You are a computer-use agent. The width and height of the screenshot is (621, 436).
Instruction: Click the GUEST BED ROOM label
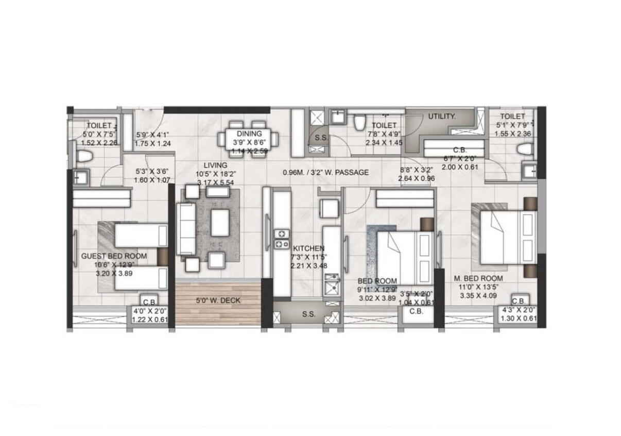coord(114,256)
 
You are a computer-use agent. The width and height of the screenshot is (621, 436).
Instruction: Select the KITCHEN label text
coord(308,248)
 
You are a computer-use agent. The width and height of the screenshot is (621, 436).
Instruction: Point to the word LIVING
coord(215,165)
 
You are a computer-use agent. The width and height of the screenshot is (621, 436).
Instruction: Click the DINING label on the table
coord(250,134)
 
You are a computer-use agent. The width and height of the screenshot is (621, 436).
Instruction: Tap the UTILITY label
coord(442,116)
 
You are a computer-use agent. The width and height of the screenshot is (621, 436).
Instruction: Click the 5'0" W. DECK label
coord(218,300)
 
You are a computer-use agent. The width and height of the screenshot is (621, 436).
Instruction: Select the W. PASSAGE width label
coord(325,173)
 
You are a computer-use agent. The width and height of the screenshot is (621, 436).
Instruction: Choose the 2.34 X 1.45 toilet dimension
coord(384,143)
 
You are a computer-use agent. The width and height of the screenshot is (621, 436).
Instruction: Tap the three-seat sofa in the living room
coord(186,228)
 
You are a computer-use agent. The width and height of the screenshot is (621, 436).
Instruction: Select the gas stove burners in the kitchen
coord(282,238)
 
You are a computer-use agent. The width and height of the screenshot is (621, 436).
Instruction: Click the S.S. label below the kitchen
coord(309,314)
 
